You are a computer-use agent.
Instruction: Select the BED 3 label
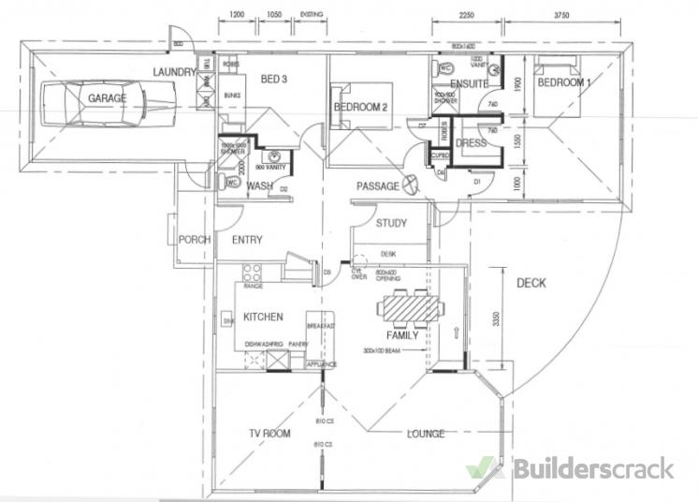click(x=272, y=79)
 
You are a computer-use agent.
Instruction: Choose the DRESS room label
click(x=470, y=143)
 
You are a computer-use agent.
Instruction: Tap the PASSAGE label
click(x=377, y=186)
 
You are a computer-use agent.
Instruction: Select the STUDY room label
click(x=391, y=223)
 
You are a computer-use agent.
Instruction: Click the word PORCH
click(x=194, y=240)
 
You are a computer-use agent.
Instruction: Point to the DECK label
click(x=530, y=283)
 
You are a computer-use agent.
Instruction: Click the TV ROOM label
click(x=269, y=433)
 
